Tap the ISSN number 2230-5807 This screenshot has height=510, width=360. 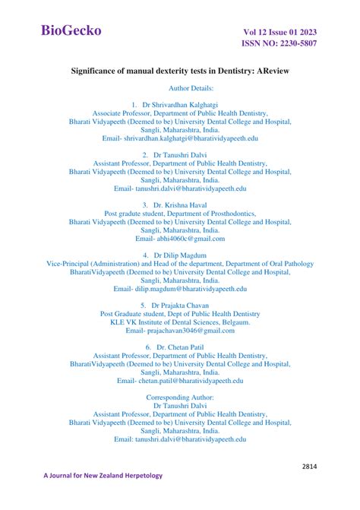280,43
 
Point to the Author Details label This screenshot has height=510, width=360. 180,88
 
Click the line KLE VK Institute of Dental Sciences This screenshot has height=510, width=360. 180,322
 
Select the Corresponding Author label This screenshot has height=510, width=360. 180,398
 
